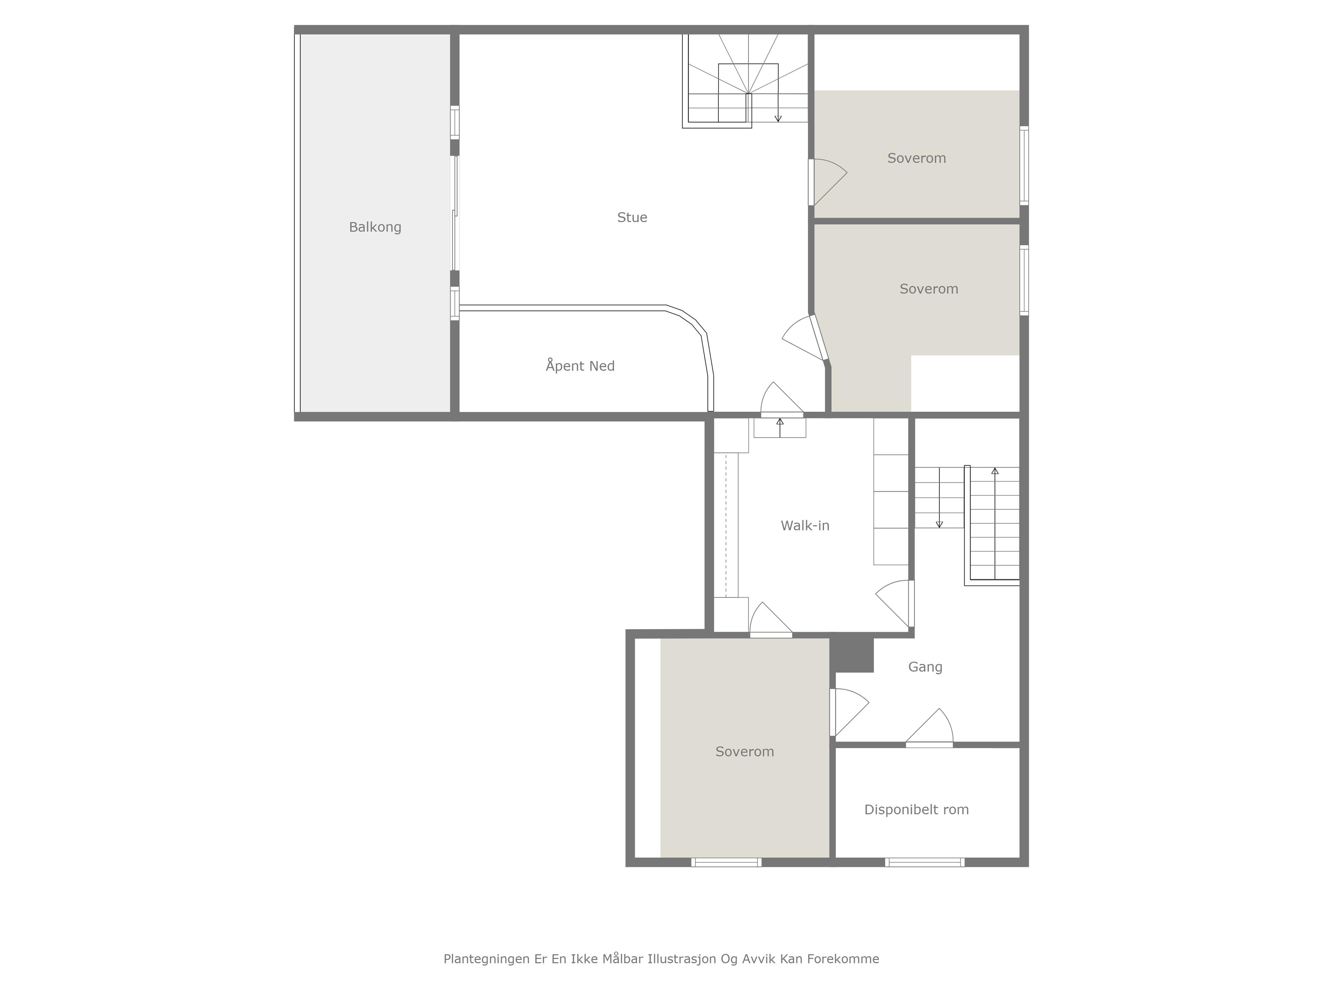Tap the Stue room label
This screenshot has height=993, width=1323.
click(x=632, y=217)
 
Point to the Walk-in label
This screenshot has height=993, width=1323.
click(x=805, y=525)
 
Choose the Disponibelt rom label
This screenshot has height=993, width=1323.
click(x=916, y=810)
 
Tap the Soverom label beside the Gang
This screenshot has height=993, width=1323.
click(x=745, y=752)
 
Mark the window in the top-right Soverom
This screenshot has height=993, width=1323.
click(x=1024, y=166)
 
